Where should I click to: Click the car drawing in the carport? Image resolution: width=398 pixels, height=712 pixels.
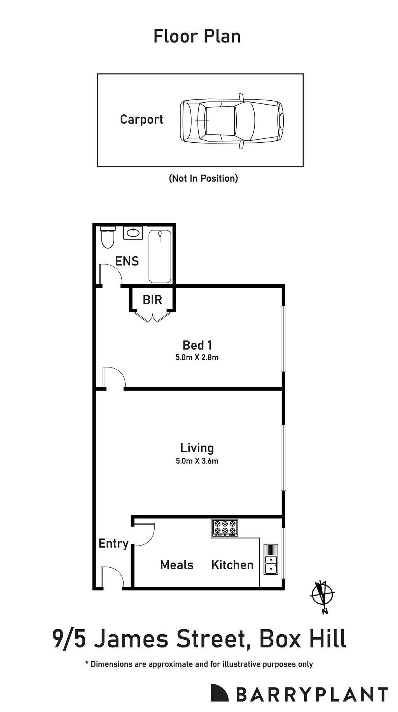(x=232, y=121)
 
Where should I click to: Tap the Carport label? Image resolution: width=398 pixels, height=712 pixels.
(x=141, y=119)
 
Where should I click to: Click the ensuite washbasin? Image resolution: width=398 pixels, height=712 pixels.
(x=133, y=233)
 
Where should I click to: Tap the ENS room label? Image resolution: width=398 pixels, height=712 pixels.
(x=127, y=261)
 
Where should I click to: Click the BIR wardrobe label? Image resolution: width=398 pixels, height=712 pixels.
(x=152, y=300)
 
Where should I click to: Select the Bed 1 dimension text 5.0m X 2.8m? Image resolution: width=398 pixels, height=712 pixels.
(x=197, y=357)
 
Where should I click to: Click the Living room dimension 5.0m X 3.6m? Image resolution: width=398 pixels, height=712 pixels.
(x=197, y=461)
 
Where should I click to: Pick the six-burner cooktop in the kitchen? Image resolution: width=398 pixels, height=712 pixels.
(x=225, y=528)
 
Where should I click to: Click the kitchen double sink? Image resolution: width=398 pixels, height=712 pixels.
(x=271, y=560)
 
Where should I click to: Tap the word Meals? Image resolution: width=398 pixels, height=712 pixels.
(x=177, y=565)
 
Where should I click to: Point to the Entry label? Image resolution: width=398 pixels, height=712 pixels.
(x=113, y=543)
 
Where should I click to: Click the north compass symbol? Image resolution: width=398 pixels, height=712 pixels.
(x=323, y=595)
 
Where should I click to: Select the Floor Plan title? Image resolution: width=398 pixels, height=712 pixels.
(x=197, y=37)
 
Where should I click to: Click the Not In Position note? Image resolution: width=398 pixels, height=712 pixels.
(x=203, y=178)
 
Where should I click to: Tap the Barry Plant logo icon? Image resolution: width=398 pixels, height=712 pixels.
(x=220, y=693)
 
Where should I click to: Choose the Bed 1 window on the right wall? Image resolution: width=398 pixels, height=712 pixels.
(x=284, y=339)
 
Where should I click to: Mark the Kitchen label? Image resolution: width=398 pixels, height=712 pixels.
(x=232, y=565)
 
